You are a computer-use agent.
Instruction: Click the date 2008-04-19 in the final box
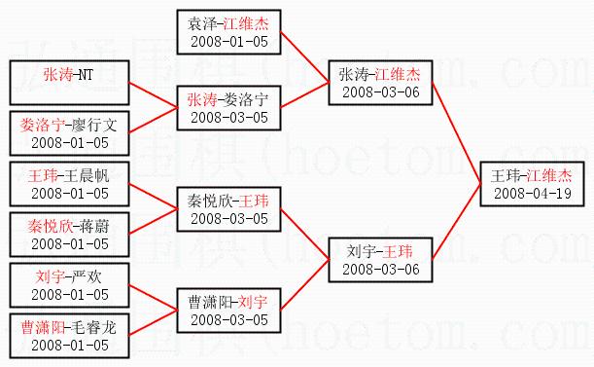[532, 194]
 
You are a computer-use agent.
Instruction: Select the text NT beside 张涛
[85, 74]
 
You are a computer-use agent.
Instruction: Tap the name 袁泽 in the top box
[202, 24]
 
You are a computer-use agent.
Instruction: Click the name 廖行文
[94, 126]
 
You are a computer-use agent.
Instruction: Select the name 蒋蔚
[94, 226]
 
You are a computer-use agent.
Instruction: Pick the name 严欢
[87, 276]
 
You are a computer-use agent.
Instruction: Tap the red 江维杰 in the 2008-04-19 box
[549, 176]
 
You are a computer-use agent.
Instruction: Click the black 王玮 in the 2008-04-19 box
[506, 176]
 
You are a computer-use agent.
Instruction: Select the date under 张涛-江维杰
[381, 92]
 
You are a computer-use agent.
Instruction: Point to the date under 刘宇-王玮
[381, 270]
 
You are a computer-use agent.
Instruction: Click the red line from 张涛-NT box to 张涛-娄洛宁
[153, 94]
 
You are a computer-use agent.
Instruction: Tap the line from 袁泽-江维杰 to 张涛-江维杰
[304, 56]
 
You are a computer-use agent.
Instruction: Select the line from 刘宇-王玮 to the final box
[457, 222]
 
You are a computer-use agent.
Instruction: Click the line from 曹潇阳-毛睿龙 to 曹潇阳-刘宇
[153, 322]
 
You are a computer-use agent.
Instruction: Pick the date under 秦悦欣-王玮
[229, 219]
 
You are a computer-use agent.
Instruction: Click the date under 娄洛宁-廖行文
[70, 143]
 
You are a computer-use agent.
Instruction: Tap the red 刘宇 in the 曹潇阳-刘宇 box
[253, 302]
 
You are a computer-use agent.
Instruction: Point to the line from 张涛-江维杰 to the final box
[457, 132]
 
